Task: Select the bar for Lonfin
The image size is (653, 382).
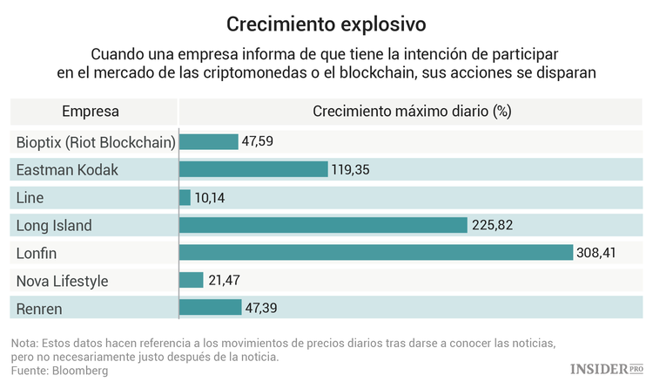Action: click(376, 253)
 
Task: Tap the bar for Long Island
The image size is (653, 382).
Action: click(323, 225)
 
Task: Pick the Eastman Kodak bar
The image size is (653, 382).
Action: click(253, 169)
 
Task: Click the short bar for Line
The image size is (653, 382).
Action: click(185, 197)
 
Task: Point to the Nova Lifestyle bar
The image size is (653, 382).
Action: click(191, 281)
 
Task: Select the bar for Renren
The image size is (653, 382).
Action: click(210, 308)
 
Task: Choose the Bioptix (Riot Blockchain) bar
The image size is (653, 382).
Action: click(209, 141)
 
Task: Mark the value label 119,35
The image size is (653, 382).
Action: click(351, 169)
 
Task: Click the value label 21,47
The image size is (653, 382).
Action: click(224, 281)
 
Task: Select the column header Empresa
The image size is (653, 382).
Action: click(91, 112)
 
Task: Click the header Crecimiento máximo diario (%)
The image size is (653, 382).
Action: click(411, 112)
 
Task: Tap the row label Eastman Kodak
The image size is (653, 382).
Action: click(67, 169)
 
